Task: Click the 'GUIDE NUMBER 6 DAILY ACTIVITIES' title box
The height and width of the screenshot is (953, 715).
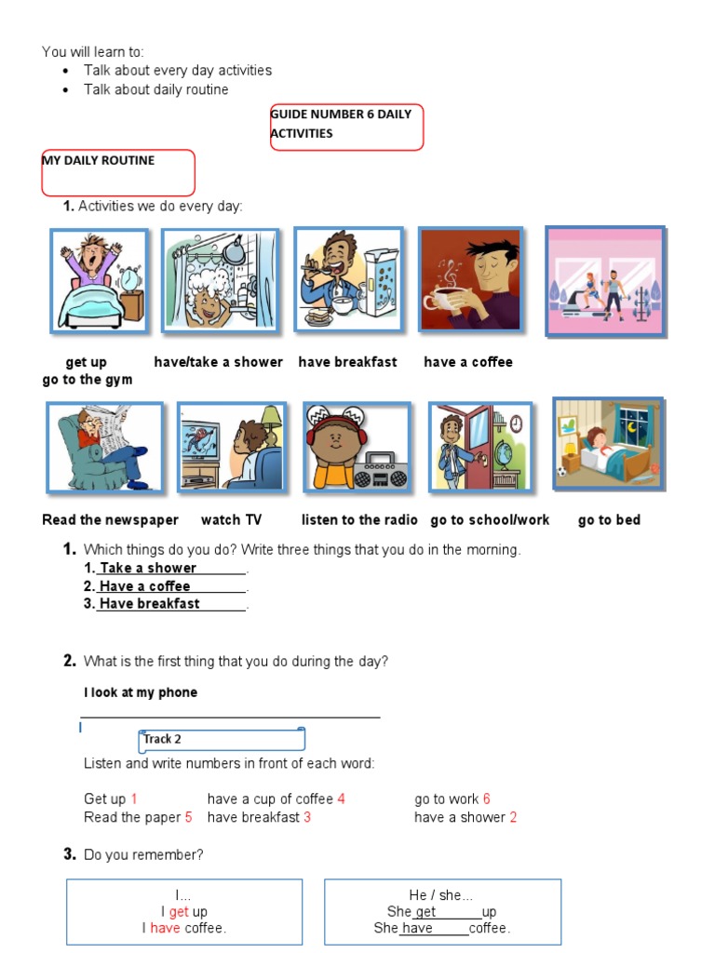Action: (x=346, y=127)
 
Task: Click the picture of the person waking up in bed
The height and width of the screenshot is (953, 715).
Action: (x=99, y=281)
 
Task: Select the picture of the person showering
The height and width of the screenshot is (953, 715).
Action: (x=220, y=281)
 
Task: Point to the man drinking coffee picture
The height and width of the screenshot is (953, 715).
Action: (x=470, y=279)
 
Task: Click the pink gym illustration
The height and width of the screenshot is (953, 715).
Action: (x=605, y=280)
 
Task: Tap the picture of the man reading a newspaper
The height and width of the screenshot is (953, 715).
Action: (x=104, y=447)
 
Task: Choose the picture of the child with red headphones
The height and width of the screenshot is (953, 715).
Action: (x=356, y=447)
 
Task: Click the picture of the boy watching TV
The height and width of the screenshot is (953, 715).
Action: (x=230, y=447)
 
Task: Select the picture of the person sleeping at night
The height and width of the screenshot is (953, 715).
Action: (x=608, y=444)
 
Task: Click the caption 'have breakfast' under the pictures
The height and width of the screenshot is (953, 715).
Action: (x=347, y=362)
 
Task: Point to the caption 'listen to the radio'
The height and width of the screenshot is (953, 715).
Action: (x=359, y=520)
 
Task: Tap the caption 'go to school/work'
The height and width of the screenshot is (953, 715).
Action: (x=490, y=520)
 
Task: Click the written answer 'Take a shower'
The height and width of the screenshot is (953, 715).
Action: (x=148, y=568)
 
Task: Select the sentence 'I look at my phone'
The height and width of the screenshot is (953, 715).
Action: (x=141, y=692)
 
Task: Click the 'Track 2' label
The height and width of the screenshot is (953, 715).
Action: (x=162, y=739)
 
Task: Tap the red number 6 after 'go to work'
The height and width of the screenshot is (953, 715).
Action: (x=486, y=799)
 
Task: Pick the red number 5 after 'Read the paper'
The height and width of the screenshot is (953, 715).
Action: (x=188, y=817)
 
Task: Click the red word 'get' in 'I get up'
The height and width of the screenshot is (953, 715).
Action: (x=179, y=912)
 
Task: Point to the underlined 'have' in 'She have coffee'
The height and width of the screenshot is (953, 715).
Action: (x=417, y=928)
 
